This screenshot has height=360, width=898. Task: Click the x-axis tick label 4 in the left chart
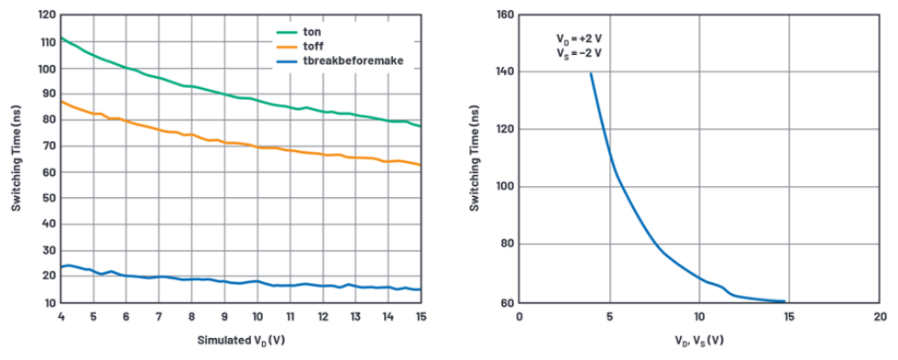[x=60, y=317]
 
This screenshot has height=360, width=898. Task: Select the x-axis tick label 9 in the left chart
[x=224, y=317]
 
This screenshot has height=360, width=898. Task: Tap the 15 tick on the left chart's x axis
[x=421, y=317]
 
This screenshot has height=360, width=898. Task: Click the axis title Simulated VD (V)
[x=241, y=341]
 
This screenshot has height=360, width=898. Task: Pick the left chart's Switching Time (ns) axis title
[x=16, y=157]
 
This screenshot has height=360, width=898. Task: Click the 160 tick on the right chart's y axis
[x=502, y=14]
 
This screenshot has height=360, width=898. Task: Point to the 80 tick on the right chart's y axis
[x=505, y=245]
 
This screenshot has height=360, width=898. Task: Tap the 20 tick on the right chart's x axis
[x=879, y=317]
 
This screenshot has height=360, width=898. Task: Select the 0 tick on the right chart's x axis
[x=519, y=317]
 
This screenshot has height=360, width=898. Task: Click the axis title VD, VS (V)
[x=697, y=341]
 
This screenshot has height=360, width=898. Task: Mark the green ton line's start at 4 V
[x=61, y=38]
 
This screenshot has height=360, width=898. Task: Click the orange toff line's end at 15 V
[x=421, y=166]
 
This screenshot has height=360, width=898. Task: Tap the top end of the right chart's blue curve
[x=590, y=73]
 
